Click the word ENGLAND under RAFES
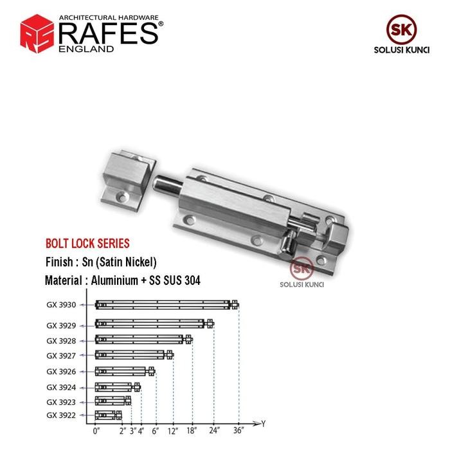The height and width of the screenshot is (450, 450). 86,49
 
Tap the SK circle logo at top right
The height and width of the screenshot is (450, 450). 401,30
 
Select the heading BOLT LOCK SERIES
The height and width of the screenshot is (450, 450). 87,244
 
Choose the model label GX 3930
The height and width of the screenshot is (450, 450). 61,305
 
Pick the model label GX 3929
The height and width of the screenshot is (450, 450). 61,325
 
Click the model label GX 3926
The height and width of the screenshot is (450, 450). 61,372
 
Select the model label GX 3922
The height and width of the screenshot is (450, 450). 61,415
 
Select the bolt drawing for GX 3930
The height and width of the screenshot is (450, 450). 166,305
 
